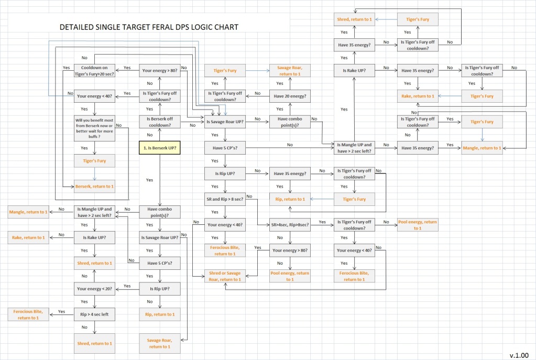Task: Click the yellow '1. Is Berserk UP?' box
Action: point(159,148)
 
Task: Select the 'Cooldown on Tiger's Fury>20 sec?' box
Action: point(94,71)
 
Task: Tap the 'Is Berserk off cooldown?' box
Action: point(159,122)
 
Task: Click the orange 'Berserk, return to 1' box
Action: point(94,187)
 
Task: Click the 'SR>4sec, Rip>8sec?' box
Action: point(290,225)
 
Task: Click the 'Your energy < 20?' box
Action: point(94,289)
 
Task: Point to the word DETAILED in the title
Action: point(78,27)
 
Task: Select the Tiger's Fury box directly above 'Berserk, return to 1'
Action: point(94,161)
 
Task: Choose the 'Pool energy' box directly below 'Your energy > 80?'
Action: point(290,276)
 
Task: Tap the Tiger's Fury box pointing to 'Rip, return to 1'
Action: point(355,199)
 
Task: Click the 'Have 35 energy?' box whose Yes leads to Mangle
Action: point(418,148)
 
